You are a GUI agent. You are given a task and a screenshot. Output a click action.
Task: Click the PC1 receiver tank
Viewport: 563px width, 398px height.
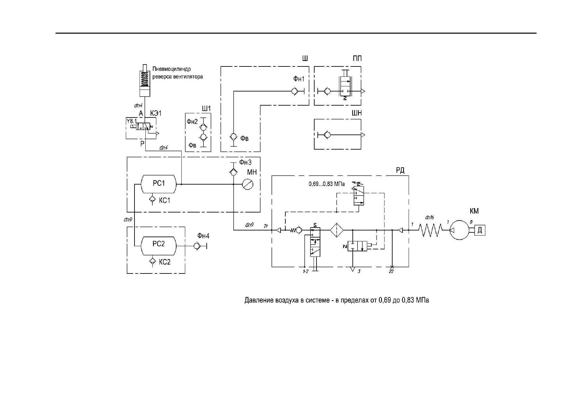[159, 184]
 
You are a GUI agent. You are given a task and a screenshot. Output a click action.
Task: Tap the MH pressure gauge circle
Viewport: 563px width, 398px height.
[248, 184]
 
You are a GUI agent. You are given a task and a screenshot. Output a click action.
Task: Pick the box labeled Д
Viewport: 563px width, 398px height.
[480, 230]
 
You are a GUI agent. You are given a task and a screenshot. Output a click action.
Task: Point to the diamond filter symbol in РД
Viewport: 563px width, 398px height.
[337, 230]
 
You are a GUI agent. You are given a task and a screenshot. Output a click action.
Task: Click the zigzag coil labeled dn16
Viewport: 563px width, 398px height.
[430, 230]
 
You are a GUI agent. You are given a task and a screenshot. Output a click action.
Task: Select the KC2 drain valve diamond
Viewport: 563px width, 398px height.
[152, 261]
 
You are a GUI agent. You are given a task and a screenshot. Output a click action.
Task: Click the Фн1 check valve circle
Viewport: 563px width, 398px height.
[294, 91]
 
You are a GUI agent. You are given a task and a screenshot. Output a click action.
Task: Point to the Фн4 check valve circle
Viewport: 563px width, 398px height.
[196, 246]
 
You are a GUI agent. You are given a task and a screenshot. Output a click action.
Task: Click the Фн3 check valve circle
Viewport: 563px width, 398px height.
[233, 172]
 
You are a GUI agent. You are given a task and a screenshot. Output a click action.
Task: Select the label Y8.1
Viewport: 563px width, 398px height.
[132, 121]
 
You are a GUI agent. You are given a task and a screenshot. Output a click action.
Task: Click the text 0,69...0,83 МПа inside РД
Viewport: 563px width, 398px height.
[327, 184]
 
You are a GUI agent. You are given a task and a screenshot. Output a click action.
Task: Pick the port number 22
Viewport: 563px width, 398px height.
[391, 272]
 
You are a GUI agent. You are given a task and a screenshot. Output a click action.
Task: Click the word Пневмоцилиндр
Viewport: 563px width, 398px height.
[172, 69]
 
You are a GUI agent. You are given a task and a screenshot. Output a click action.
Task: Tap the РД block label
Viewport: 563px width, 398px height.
[400, 170]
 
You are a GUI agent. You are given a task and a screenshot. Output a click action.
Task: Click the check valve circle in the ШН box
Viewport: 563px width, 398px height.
[327, 135]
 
